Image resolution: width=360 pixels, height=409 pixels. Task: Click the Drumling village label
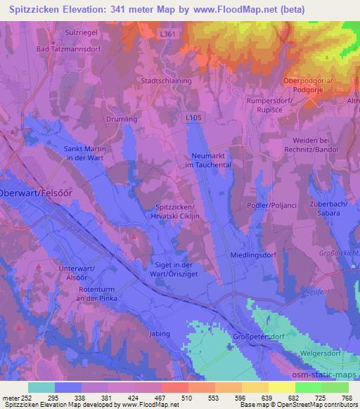pyautogui.click(x=122, y=119)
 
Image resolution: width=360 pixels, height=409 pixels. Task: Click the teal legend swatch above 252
pyautogui.click(x=41, y=387)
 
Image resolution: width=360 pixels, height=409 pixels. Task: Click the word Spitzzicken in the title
pyautogui.click(x=32, y=9)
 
